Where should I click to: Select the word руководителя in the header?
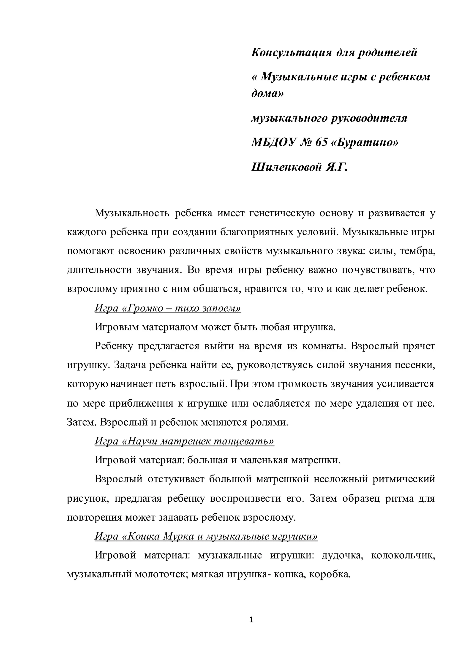pos(367,118)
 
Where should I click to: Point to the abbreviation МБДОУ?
pos(274,142)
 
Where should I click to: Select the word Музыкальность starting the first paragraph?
pos(132,213)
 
